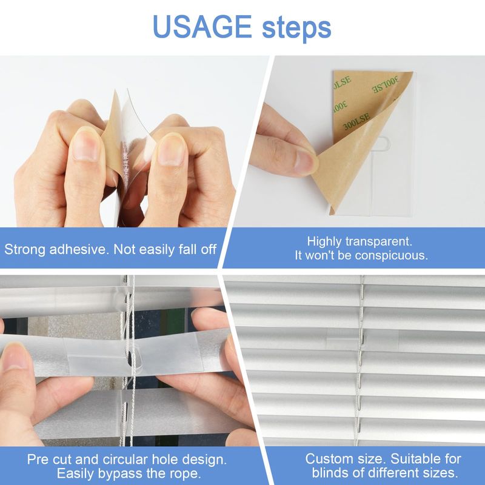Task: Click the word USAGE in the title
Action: click(202, 27)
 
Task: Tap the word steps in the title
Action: click(296, 28)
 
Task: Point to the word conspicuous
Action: click(391, 255)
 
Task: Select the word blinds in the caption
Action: click(330, 473)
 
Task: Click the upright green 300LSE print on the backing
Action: click(356, 121)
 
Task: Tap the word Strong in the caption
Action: click(25, 249)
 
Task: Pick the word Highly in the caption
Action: click(324, 241)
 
